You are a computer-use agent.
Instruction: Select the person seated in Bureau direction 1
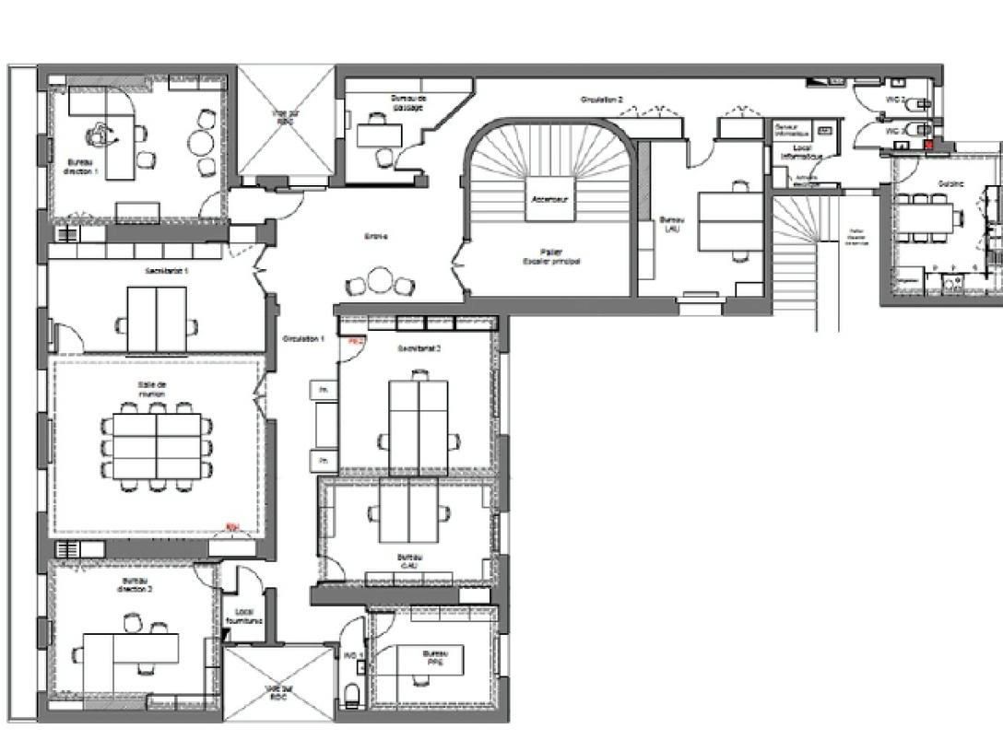point(96,135)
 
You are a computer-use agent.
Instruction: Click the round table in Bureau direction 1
point(203,143)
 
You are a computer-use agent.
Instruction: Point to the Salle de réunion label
point(153,389)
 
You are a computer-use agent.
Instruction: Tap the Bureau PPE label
point(433,657)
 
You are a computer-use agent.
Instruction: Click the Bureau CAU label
point(410,561)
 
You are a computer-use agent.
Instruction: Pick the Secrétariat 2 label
point(419,348)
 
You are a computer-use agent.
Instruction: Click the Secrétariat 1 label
point(167,272)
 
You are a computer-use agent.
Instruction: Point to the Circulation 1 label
point(303,339)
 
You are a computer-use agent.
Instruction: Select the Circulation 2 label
point(601,99)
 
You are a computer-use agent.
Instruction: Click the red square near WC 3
point(929,144)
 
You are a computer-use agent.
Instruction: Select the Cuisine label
point(950,183)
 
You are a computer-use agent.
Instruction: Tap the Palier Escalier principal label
point(551,256)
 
